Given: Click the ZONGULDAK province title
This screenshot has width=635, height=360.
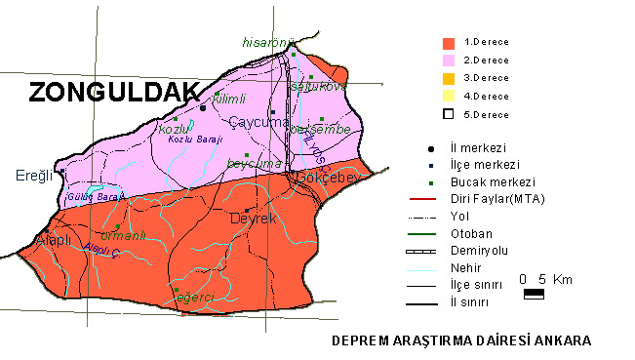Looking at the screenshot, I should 113,93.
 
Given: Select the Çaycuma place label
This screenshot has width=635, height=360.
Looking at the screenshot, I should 258,122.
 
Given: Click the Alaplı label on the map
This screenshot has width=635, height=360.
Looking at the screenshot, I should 49,240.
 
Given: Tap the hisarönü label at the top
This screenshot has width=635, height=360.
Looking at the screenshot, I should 268,42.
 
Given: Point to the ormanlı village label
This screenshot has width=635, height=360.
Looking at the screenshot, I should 124,235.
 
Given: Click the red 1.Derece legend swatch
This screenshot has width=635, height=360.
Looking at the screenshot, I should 449,43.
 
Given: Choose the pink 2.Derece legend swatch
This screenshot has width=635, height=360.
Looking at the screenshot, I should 449,60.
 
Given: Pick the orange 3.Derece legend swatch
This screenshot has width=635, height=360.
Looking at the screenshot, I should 449,78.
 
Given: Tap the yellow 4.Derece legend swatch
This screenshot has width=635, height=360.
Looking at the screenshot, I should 449,96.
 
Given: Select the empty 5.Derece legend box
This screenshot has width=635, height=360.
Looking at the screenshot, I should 449,114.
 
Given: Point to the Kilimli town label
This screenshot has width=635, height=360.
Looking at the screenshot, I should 230,100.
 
